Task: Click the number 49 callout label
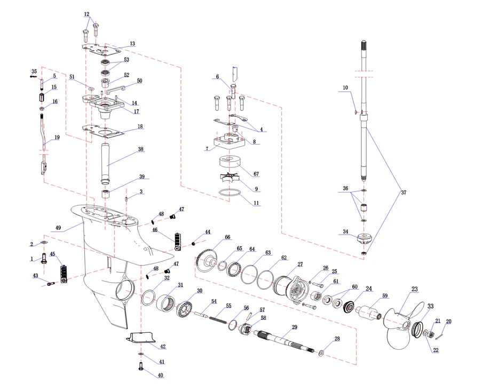coord(59,228)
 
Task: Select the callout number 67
coord(257,174)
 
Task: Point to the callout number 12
coord(87,14)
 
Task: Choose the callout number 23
coord(414,290)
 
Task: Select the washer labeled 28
coord(321,353)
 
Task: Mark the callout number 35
coord(34,71)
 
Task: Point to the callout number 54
coord(214,302)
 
